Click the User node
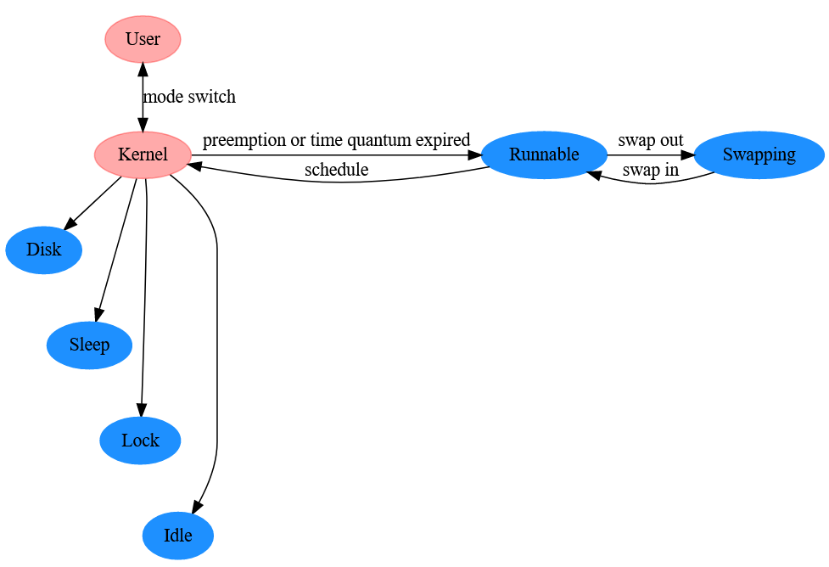click(143, 39)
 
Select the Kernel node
click(143, 155)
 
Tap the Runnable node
click(544, 155)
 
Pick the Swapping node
click(759, 155)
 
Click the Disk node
click(44, 250)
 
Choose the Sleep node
click(89, 345)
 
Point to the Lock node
click(140, 441)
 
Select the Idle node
click(178, 536)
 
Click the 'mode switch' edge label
click(189, 97)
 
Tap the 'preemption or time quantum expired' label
click(336, 140)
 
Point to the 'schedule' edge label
click(336, 169)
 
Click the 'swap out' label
click(651, 140)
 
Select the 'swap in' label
click(650, 170)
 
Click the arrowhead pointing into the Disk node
click(70, 222)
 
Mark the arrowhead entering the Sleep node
click(98, 314)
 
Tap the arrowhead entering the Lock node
click(141, 410)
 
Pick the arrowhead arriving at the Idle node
click(196, 507)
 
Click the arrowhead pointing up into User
click(143, 70)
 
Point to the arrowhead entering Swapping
click(686, 155)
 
